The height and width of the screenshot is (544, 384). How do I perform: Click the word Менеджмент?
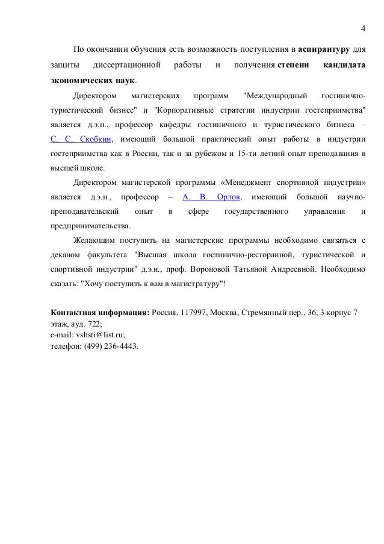click(x=243, y=181)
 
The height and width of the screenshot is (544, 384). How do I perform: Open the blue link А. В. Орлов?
click(x=211, y=197)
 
